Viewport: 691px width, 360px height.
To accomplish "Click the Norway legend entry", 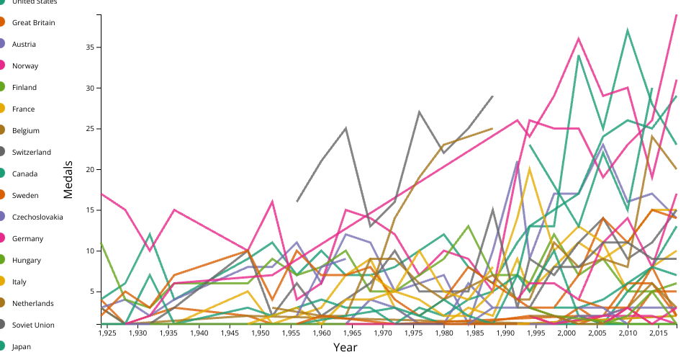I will point(25,66).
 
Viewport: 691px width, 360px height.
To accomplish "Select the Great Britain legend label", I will point(33,23).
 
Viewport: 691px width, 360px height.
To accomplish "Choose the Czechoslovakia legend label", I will point(37,217).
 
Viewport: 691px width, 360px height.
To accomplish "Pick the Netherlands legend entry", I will point(31,304).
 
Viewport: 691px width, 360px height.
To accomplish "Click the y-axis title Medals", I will point(69,179).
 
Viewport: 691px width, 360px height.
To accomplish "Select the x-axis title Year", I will point(345,348).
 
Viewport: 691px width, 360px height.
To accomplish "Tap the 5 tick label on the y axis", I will point(93,292).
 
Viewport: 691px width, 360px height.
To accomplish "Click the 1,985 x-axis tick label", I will point(475,334).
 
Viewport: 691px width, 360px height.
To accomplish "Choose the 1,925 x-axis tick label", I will point(107,334).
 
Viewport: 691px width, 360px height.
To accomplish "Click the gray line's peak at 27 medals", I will point(420,112).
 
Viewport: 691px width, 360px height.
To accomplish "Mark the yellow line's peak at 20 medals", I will point(530,168).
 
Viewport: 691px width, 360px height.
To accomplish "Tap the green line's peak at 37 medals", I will point(628,30).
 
